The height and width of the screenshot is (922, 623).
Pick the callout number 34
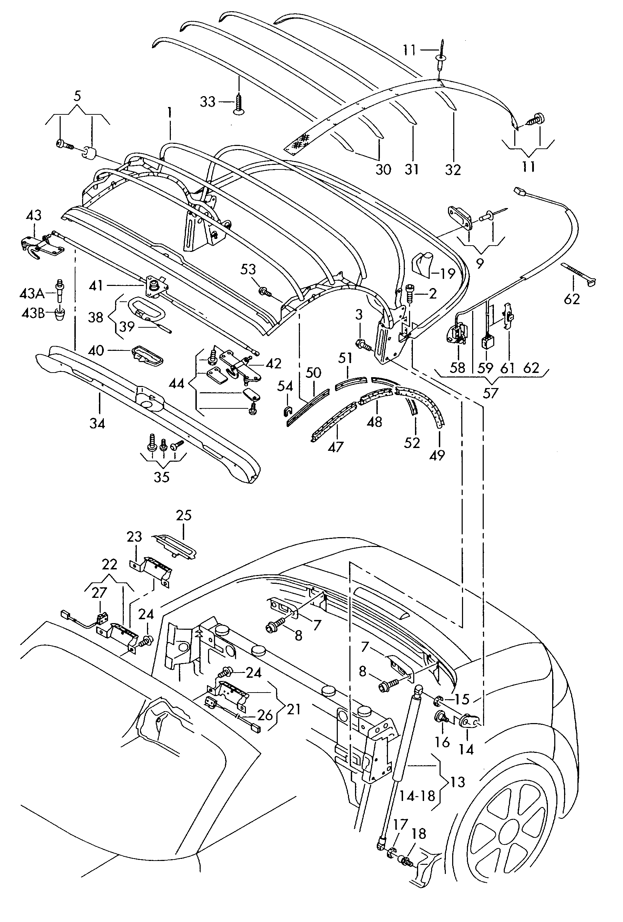coord(97,423)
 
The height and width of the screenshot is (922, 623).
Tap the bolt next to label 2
coord(410,294)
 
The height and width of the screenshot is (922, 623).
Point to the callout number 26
coord(265,715)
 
